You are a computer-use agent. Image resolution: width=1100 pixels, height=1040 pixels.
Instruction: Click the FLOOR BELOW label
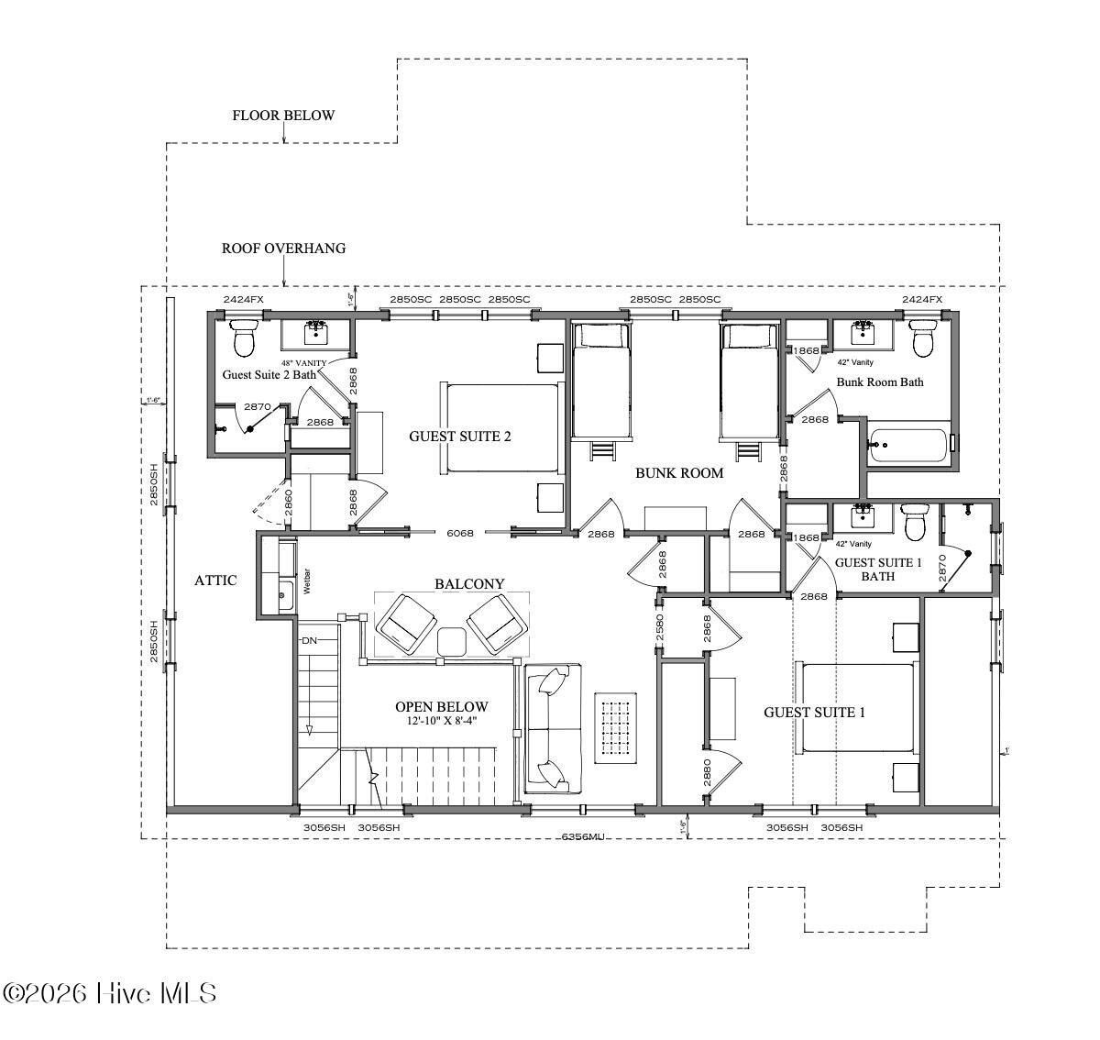click(x=283, y=116)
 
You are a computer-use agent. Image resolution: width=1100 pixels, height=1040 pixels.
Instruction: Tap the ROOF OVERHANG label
click(x=283, y=249)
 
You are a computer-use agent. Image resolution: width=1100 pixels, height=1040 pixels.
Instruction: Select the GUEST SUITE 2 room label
click(x=459, y=437)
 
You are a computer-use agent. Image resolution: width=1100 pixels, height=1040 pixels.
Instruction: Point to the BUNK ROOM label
click(x=679, y=473)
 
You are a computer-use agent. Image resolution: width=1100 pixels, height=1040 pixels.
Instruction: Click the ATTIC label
click(x=215, y=581)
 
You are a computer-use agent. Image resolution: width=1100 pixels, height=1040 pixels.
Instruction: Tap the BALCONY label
click(x=469, y=584)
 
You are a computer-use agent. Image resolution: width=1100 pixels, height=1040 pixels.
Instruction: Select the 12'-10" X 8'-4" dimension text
click(x=442, y=722)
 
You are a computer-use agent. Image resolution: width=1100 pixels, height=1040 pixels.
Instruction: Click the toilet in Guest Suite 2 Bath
click(x=243, y=340)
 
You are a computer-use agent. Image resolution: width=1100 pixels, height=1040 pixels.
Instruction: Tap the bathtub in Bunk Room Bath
click(x=907, y=446)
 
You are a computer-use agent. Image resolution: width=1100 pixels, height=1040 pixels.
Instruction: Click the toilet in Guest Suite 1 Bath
click(x=914, y=526)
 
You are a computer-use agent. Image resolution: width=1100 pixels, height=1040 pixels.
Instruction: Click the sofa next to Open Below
click(x=553, y=729)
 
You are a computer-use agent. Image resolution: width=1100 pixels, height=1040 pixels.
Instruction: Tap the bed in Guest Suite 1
click(x=856, y=706)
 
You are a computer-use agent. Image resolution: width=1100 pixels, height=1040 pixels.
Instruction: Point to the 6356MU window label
click(x=583, y=836)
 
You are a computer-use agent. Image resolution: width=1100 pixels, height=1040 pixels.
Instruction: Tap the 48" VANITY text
click(x=304, y=362)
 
